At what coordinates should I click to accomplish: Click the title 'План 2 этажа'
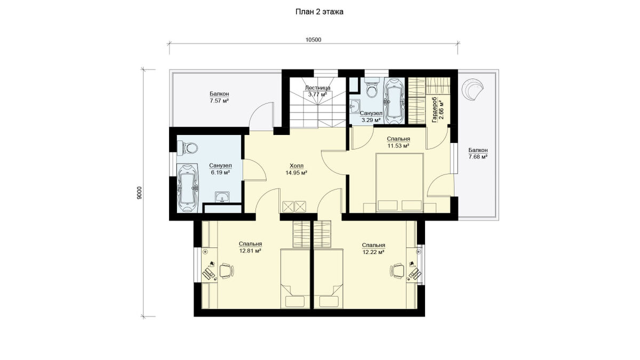[319, 12]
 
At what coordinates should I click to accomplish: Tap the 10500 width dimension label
[314, 39]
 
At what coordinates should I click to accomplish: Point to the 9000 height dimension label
[139, 193]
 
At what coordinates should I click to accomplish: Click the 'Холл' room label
[297, 166]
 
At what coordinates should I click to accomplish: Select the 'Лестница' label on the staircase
[317, 87]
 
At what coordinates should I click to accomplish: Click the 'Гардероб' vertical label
[434, 110]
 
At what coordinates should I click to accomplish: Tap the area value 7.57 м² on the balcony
[219, 101]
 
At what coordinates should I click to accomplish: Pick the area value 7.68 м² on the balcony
[478, 157]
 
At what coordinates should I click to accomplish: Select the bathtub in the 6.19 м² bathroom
[187, 188]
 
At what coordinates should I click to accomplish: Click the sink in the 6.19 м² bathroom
[222, 197]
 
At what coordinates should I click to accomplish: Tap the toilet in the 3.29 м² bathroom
[372, 89]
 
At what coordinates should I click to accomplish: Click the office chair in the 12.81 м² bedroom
[227, 270]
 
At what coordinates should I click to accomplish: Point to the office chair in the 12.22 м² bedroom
[397, 270]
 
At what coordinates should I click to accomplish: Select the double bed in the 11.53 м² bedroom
[399, 183]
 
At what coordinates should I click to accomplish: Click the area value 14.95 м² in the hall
[297, 173]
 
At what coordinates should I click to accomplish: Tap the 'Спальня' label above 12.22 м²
[373, 245]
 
